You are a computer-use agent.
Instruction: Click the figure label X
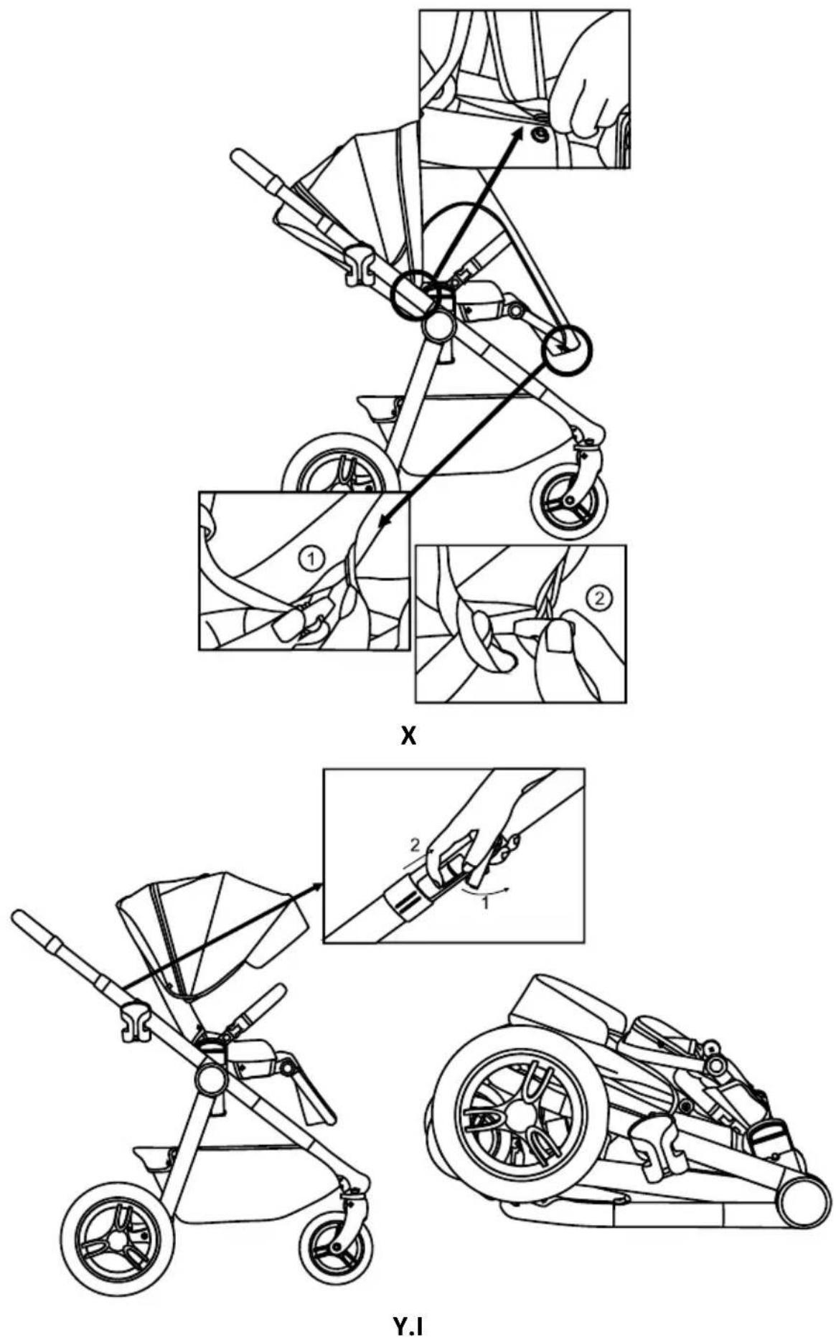[x=408, y=735]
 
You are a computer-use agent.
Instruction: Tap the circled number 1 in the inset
[x=312, y=557]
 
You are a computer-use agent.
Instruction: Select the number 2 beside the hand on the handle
[x=415, y=845]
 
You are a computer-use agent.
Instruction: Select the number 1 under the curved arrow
[x=485, y=903]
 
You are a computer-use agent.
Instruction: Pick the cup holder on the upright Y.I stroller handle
[x=135, y=1022]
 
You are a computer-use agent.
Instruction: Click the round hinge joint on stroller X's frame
[x=438, y=327]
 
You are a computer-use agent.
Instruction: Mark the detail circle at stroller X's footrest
[x=567, y=351]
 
